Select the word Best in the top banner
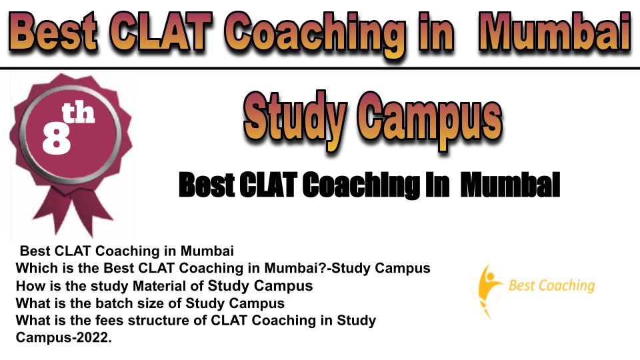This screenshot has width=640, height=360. (53, 32)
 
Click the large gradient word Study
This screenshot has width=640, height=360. (295, 119)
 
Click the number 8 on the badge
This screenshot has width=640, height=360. (57, 138)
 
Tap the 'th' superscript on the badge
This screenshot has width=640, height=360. (78, 113)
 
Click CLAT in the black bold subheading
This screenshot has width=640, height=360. (267, 185)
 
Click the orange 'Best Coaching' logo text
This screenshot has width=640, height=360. (551, 285)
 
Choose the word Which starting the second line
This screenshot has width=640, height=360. (36, 268)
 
